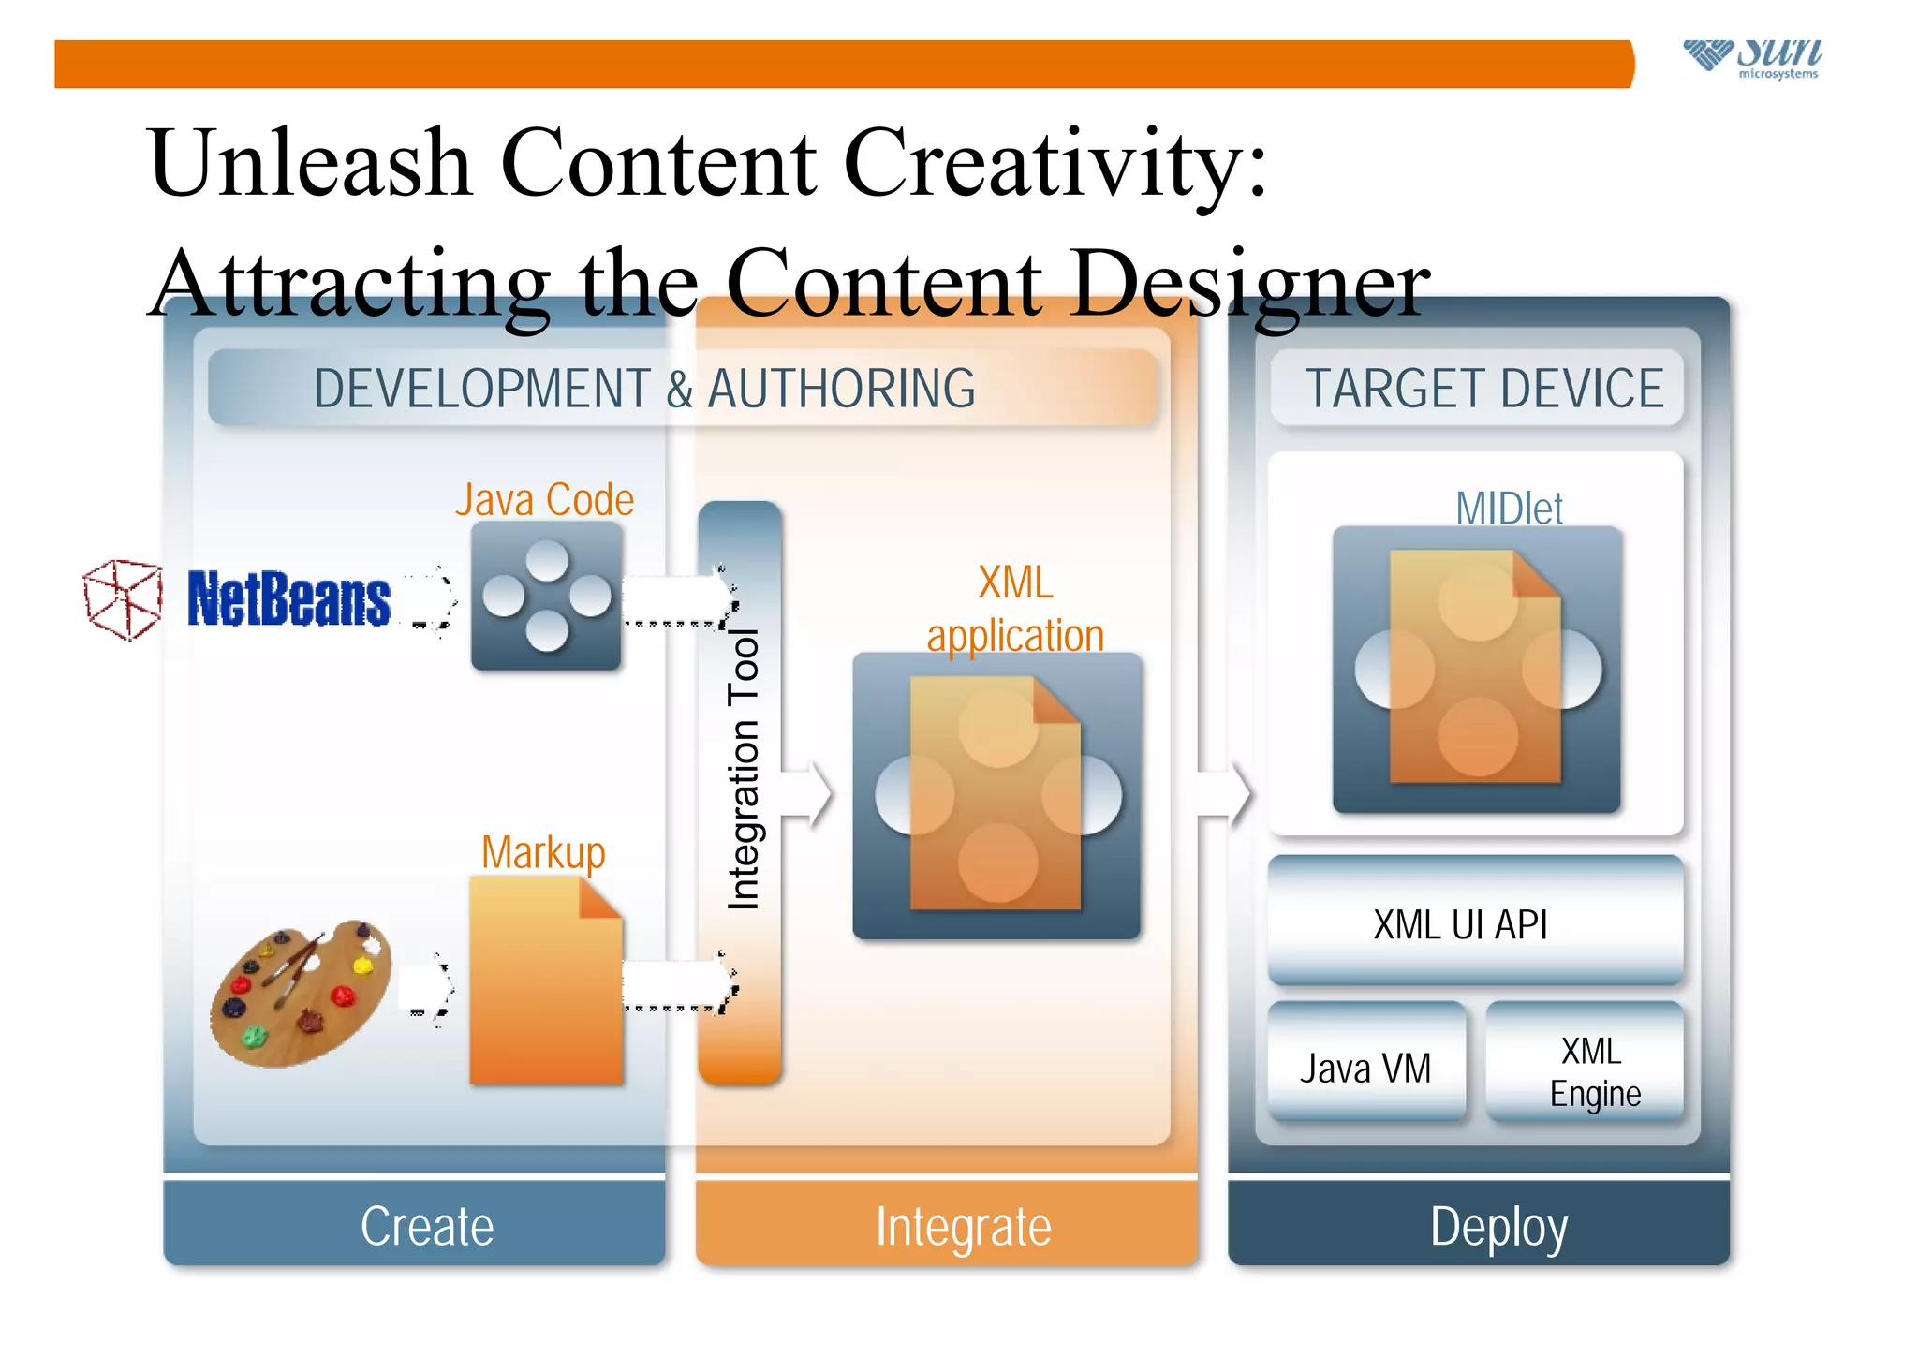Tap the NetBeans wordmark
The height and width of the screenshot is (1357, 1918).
tap(288, 599)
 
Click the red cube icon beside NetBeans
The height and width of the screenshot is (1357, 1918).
tap(123, 599)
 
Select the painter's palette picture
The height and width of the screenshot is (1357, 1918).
tap(300, 993)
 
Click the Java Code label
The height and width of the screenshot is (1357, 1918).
tap(544, 500)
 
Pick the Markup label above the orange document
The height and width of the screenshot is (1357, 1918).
tap(543, 853)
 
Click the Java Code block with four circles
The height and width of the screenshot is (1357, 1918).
tap(546, 597)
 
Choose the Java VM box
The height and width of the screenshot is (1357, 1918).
tap(1365, 1065)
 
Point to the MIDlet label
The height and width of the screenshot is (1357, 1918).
tap(1509, 509)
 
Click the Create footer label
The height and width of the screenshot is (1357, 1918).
tap(427, 1226)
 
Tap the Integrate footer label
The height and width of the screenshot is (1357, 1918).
tap(964, 1226)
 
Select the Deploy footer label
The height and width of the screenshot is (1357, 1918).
tap(1498, 1226)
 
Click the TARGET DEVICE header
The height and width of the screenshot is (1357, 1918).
tap(1484, 389)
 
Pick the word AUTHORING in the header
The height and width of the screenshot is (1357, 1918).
tap(841, 389)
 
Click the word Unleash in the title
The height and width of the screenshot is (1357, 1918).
tap(310, 163)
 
